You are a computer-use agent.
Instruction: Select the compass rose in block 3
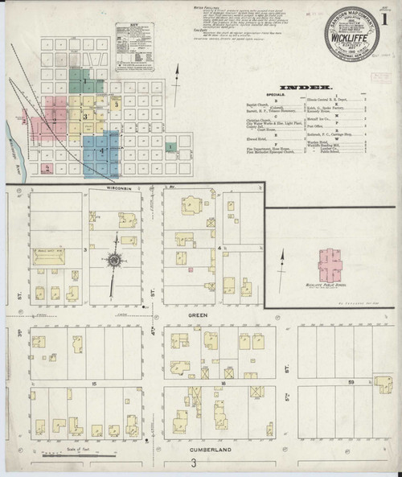pos(114,259)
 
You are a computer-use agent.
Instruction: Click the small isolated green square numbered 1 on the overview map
pos(170,146)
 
